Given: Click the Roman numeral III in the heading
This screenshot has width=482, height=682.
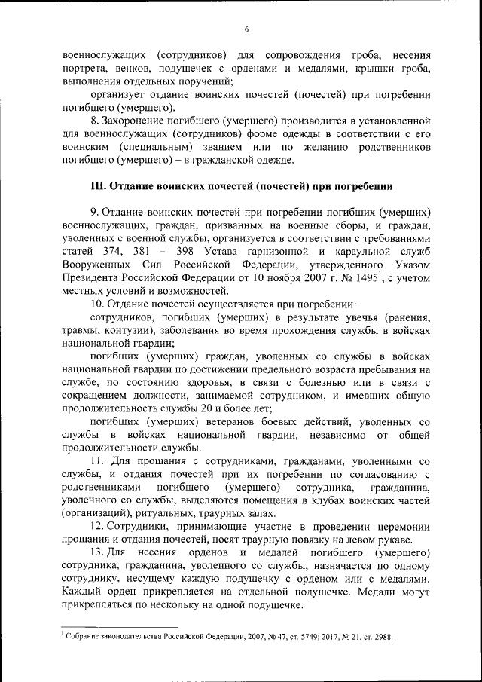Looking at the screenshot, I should click(95, 185).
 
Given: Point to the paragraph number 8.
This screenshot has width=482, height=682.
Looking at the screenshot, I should click(93, 120).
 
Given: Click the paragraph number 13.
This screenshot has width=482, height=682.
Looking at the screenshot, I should click(96, 552).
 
